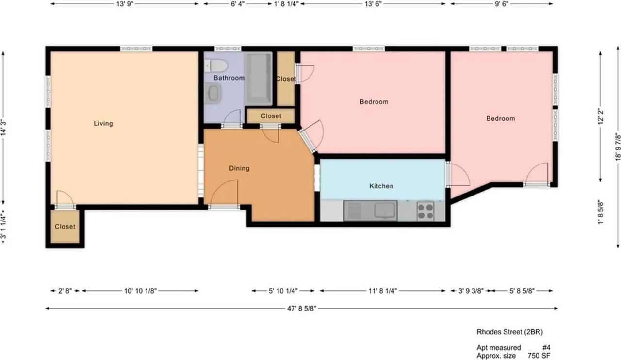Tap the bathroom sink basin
point(213,93)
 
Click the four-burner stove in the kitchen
point(426,211)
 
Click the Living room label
point(103,124)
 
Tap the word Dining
point(239,168)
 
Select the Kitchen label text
point(381,186)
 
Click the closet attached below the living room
point(65,227)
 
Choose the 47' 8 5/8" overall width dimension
point(301,308)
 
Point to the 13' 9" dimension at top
point(125,4)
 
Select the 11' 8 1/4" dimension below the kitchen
point(383,291)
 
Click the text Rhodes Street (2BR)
point(509,332)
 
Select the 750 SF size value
point(539,355)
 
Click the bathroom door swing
point(232,118)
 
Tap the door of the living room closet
point(65,199)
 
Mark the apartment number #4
point(546,347)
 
